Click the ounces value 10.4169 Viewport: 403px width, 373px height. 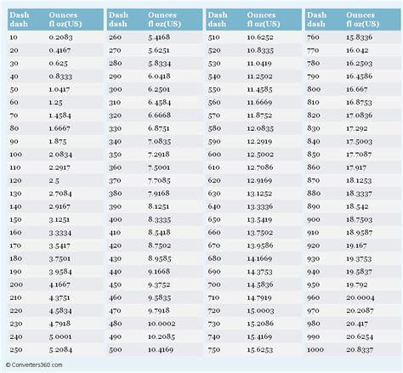coord(161,348)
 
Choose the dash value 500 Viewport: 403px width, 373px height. coord(116,348)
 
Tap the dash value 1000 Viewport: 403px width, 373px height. coord(316,348)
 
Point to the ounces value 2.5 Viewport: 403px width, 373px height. coord(55,181)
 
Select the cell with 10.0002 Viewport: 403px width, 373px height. coord(161,323)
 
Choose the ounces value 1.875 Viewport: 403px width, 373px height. coord(58,142)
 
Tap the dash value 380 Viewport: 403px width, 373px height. coord(116,194)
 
